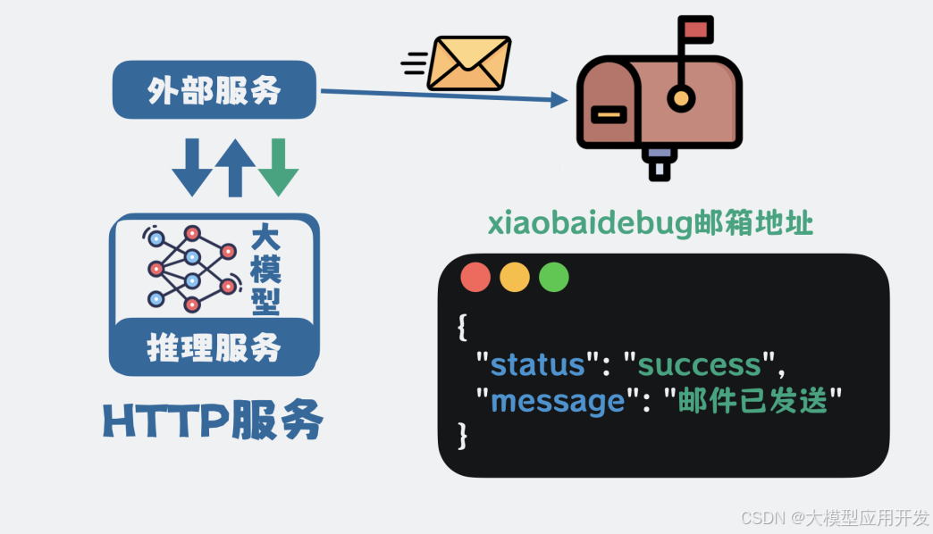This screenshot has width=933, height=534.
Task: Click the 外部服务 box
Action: pos(214,90)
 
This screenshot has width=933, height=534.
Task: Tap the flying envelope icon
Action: pos(468,63)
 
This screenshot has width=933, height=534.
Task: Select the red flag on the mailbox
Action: pos(695,29)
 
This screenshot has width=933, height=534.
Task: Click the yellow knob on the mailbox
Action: pos(682,98)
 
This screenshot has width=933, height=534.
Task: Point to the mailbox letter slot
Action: pos(609,114)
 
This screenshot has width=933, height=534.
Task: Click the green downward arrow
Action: pos(278,167)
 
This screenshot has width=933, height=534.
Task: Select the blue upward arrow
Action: pos(235,167)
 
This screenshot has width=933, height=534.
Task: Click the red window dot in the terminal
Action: pos(475,277)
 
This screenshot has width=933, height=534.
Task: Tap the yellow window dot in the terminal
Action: pos(515,277)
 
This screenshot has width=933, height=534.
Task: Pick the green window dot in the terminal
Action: pos(554,277)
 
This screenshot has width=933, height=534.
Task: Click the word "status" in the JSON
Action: pos(537,364)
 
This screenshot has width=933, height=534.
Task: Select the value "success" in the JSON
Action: pos(699,364)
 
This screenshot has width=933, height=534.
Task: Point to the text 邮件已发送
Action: pos(754,400)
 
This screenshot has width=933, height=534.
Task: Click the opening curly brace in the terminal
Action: pos(462,328)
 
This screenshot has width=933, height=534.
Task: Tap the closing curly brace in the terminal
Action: pos(462,436)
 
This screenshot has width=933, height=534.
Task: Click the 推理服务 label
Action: pos(214,347)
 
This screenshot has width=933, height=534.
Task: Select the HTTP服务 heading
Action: pos(213,421)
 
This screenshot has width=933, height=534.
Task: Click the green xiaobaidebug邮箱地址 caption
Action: pos(651,222)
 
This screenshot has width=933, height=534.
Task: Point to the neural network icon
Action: pos(192,267)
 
